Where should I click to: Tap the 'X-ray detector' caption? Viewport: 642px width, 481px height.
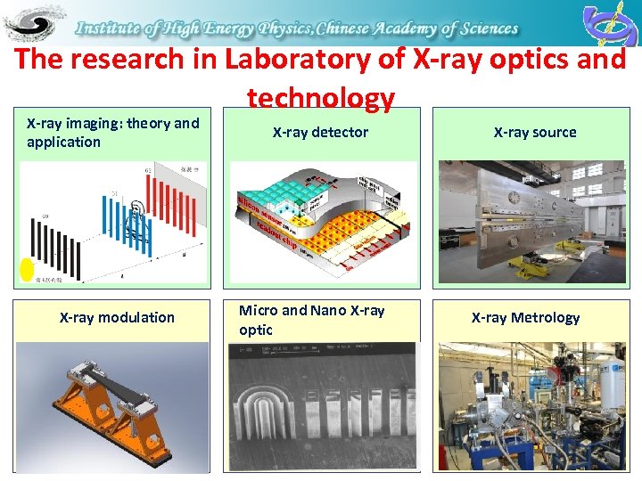point(320,132)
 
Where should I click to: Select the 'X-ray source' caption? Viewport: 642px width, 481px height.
point(535,132)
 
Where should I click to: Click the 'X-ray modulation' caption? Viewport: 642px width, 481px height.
point(117,317)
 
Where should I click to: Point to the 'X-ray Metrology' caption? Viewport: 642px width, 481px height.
point(525,317)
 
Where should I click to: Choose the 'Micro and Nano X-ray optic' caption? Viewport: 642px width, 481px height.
point(311,320)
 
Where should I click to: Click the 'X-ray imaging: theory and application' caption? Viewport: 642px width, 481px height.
point(112,132)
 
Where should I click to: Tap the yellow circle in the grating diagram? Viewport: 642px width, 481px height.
point(27,270)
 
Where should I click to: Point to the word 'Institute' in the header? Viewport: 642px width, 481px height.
point(109,29)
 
